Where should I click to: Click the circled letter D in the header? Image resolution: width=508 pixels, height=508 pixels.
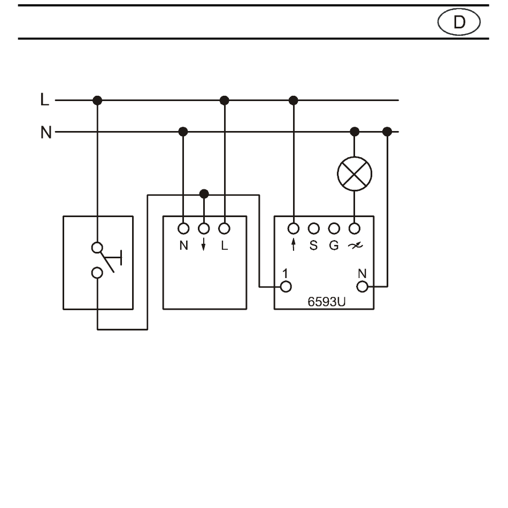459,22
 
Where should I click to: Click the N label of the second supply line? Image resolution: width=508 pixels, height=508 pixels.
46,132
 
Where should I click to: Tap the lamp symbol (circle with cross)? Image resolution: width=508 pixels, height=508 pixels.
355,174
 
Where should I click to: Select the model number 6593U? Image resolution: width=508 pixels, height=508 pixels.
327,302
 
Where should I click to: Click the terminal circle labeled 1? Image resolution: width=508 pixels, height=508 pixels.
286,287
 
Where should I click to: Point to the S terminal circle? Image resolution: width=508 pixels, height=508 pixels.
313,228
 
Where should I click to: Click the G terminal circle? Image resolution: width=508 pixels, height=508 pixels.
334,228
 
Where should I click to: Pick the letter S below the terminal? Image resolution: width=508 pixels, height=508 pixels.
313,245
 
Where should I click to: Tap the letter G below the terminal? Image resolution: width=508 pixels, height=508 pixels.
334,245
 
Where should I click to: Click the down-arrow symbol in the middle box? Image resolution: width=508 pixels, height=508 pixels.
203,244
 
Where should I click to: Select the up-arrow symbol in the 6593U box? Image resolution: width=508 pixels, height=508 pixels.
294,244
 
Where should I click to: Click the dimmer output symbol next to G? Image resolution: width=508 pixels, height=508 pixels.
355,245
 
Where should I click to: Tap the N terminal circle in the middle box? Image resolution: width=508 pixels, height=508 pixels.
183,228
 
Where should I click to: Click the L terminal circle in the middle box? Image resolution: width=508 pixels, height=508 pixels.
224,228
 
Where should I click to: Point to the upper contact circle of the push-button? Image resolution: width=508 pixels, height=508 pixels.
97,248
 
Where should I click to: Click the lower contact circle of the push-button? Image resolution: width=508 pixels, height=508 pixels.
97,273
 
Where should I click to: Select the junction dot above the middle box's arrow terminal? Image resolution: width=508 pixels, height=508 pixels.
204,194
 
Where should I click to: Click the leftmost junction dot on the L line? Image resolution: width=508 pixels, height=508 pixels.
97,101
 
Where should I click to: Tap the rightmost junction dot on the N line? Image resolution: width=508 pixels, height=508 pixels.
387,132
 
